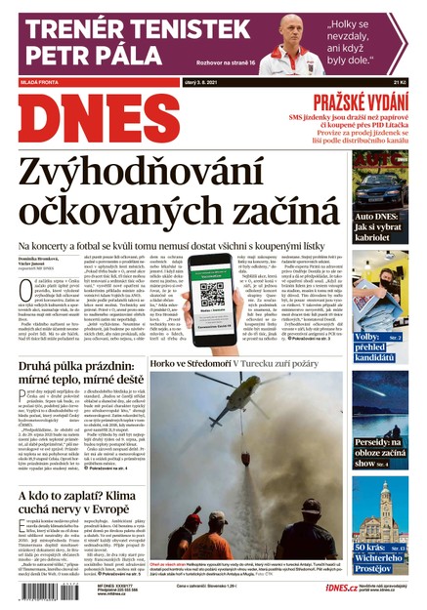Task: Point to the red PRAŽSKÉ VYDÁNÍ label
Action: pos(352,102)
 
